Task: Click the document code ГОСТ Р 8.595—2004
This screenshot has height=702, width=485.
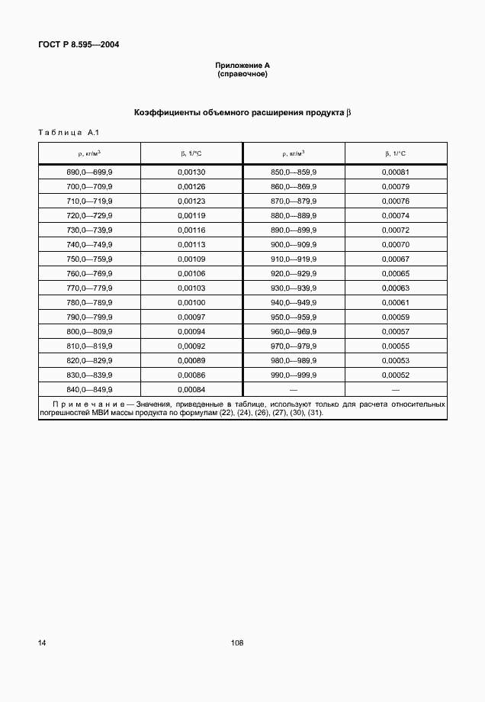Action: tap(79, 44)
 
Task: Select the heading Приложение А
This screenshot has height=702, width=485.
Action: tap(242, 67)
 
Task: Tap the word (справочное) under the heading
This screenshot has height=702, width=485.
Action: tap(242, 75)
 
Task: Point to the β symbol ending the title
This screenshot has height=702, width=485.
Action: tap(348, 112)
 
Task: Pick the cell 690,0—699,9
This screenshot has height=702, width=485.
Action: tap(89, 173)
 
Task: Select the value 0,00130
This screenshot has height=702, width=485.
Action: tap(191, 173)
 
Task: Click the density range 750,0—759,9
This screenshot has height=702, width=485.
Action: tap(89, 259)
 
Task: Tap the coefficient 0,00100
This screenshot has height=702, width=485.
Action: tap(191, 303)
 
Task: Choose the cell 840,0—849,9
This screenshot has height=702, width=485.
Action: tap(89, 389)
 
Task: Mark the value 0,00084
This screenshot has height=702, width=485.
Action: tap(191, 389)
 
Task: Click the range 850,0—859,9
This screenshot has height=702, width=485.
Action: tap(294, 173)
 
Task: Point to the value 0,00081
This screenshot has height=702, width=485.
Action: tap(396, 173)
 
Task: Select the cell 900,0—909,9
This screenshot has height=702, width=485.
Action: tap(294, 245)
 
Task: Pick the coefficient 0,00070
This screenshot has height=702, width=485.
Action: tap(396, 245)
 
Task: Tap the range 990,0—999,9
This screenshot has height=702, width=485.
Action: tap(294, 375)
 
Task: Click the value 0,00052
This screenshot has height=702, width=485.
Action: tap(396, 375)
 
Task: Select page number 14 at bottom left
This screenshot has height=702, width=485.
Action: tap(43, 643)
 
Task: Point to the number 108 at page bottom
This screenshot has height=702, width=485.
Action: tap(236, 643)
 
